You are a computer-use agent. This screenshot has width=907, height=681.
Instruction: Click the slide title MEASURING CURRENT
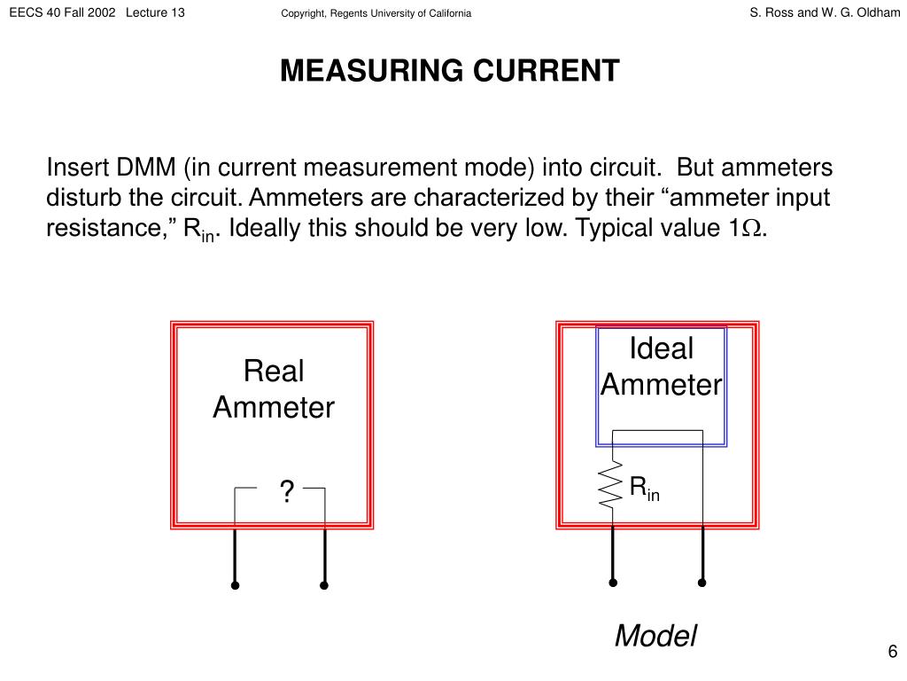(450, 71)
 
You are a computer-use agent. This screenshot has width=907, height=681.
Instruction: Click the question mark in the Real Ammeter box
(286, 490)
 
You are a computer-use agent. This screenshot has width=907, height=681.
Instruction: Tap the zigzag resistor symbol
(610, 484)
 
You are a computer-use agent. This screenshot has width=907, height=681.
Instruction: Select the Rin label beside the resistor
(644, 488)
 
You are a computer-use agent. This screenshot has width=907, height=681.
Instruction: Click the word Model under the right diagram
(655, 636)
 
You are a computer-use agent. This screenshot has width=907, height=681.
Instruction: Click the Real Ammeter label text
(274, 389)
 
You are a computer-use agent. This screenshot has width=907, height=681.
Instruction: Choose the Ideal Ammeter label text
(661, 367)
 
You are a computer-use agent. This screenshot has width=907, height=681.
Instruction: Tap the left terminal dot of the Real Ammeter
(235, 585)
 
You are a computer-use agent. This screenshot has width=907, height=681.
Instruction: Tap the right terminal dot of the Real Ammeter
(324, 585)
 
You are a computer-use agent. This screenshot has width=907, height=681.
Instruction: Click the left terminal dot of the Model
(613, 583)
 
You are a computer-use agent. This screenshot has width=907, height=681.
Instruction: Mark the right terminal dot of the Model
(702, 583)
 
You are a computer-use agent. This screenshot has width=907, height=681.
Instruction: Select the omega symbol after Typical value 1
(753, 229)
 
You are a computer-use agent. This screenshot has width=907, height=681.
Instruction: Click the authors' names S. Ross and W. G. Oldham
(825, 12)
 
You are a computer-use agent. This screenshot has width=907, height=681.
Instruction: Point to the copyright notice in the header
(376, 13)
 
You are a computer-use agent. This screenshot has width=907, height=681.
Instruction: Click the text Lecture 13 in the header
(156, 12)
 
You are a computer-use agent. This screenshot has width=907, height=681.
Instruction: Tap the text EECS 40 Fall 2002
(63, 12)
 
